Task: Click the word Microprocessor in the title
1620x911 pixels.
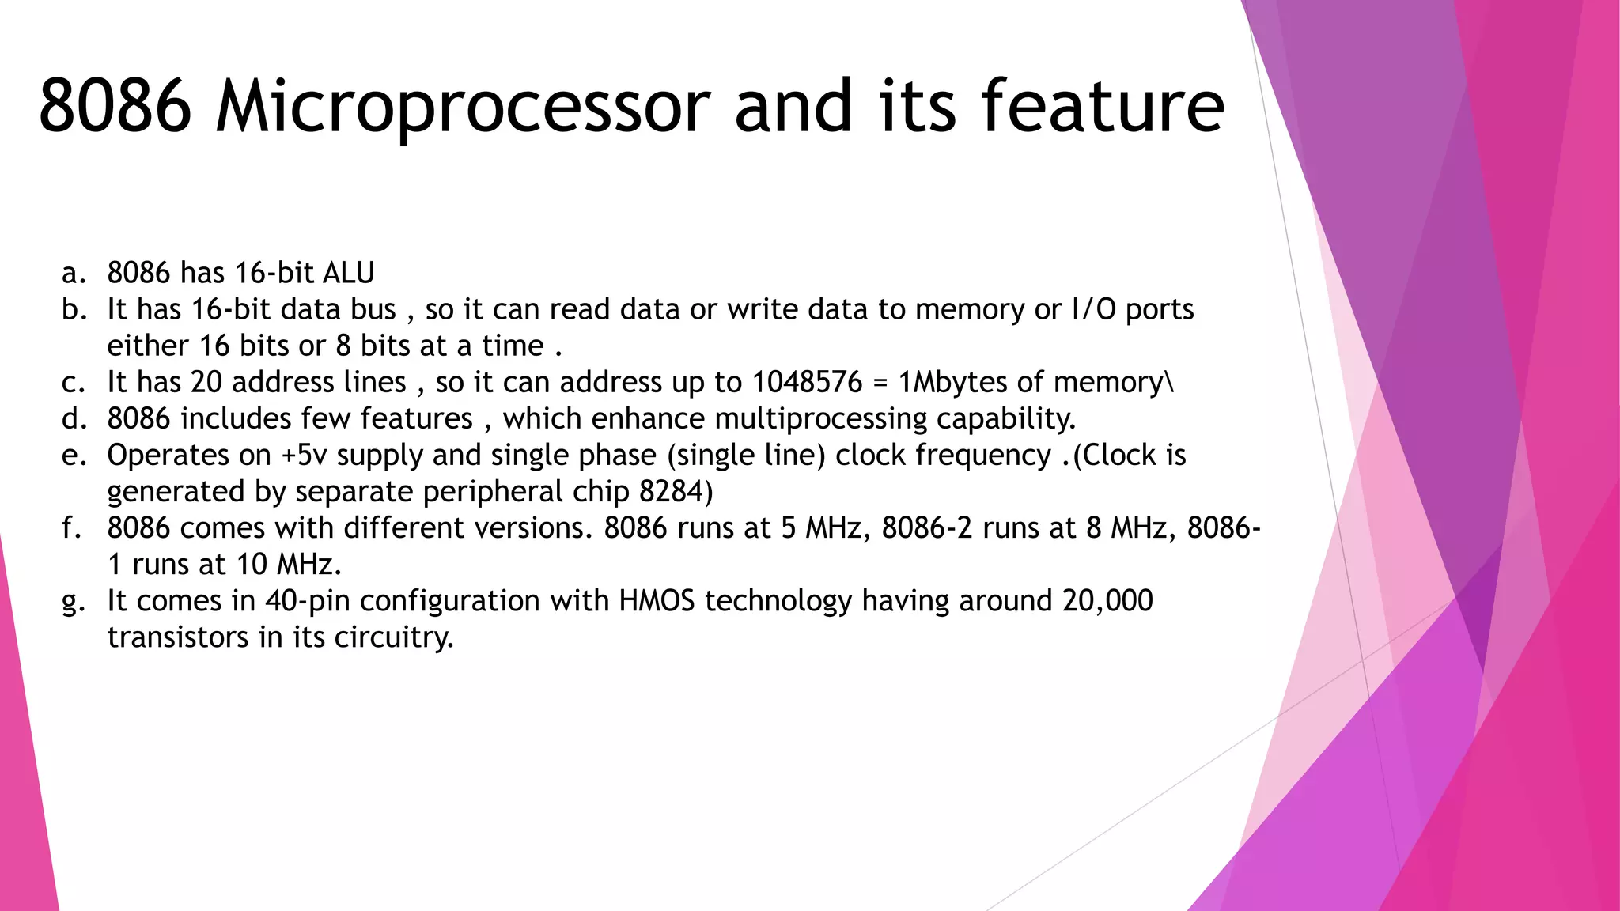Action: coord(463,107)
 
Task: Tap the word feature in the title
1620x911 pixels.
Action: coord(1103,107)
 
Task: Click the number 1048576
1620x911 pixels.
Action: coord(807,383)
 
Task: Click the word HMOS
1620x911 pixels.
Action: coord(657,601)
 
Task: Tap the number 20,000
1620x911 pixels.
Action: coord(1107,601)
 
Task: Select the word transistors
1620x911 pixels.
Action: coord(178,637)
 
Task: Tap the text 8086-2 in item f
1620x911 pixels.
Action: coord(927,528)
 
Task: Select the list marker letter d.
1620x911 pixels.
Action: coord(72,419)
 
